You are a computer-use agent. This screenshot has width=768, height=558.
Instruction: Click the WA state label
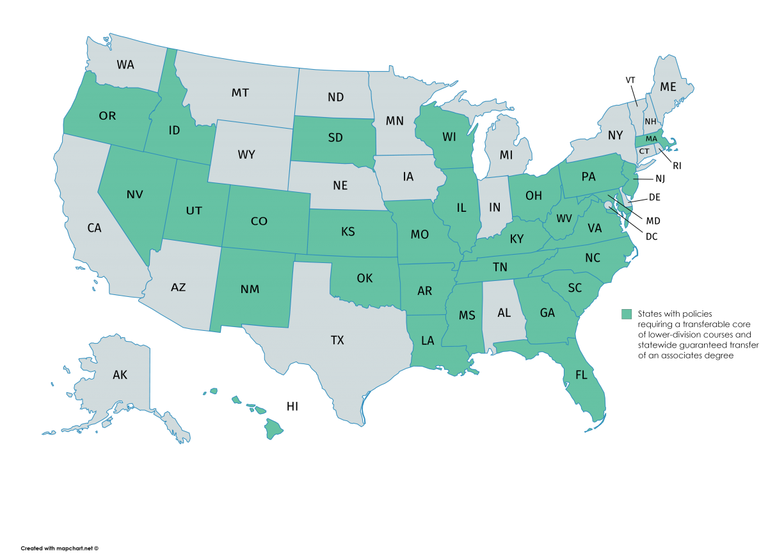point(125,65)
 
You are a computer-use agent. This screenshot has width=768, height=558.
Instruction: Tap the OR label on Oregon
point(108,116)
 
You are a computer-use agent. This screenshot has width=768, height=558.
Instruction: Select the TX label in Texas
point(337,340)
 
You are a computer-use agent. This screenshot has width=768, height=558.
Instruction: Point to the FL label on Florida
point(581,375)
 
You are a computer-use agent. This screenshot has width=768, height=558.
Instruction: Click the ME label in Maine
point(668,87)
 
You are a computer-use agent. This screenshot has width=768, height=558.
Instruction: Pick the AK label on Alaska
point(120,375)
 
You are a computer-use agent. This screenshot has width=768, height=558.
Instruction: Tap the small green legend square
point(627,314)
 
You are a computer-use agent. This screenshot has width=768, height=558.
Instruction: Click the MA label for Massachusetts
point(651,138)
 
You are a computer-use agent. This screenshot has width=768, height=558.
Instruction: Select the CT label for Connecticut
point(644,152)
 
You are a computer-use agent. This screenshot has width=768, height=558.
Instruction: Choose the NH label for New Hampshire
point(650,122)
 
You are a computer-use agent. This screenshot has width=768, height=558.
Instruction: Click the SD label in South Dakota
point(335,138)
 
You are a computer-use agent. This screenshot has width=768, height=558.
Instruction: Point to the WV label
point(564,219)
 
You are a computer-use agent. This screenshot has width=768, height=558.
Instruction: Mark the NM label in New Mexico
point(250,289)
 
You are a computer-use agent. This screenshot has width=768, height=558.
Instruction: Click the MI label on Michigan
point(506,155)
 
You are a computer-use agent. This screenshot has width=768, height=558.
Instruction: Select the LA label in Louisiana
point(428,341)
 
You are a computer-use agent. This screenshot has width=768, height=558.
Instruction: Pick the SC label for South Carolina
point(575,288)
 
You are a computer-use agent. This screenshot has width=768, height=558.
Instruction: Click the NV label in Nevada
point(134,195)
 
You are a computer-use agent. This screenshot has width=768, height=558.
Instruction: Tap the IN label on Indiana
point(495,207)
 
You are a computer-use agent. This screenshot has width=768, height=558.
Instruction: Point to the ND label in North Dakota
point(335,97)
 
